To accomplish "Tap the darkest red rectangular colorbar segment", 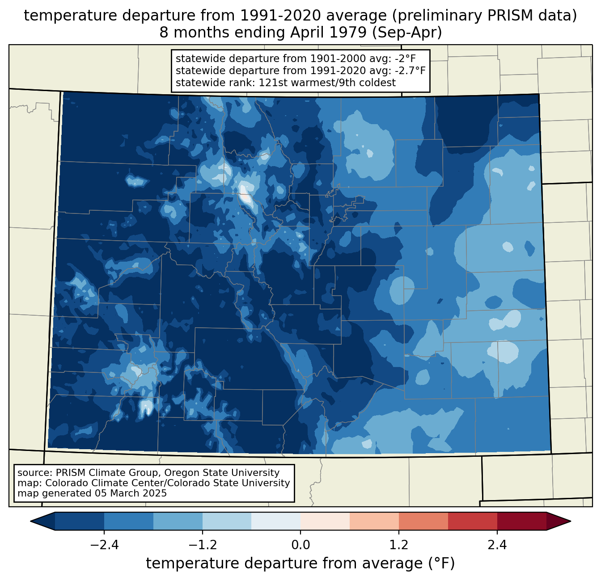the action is coord(522,522).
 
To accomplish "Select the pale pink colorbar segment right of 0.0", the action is coord(325,522).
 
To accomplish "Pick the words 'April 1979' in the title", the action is coord(329,33).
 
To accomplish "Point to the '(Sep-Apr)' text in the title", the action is coord(407,33).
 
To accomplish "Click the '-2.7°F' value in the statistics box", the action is coord(410,71).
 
